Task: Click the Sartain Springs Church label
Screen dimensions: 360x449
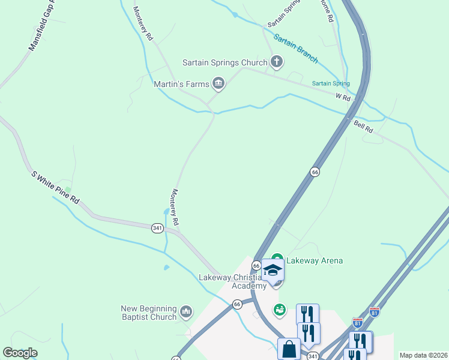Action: [225, 62]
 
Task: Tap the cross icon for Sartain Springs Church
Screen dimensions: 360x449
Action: [276, 61]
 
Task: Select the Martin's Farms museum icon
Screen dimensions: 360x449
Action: [218, 83]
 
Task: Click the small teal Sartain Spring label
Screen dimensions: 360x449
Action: [330, 83]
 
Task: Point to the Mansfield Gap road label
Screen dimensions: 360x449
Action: [41, 29]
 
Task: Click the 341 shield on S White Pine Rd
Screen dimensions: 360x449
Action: [157, 228]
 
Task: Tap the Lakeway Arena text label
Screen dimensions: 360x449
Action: [314, 260]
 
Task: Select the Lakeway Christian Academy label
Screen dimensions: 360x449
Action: [231, 281]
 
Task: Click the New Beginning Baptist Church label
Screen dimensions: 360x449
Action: [149, 313]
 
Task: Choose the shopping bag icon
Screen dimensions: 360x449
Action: [289, 349]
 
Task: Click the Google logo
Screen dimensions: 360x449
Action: [20, 353]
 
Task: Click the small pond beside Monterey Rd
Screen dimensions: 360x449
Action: [165, 212]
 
